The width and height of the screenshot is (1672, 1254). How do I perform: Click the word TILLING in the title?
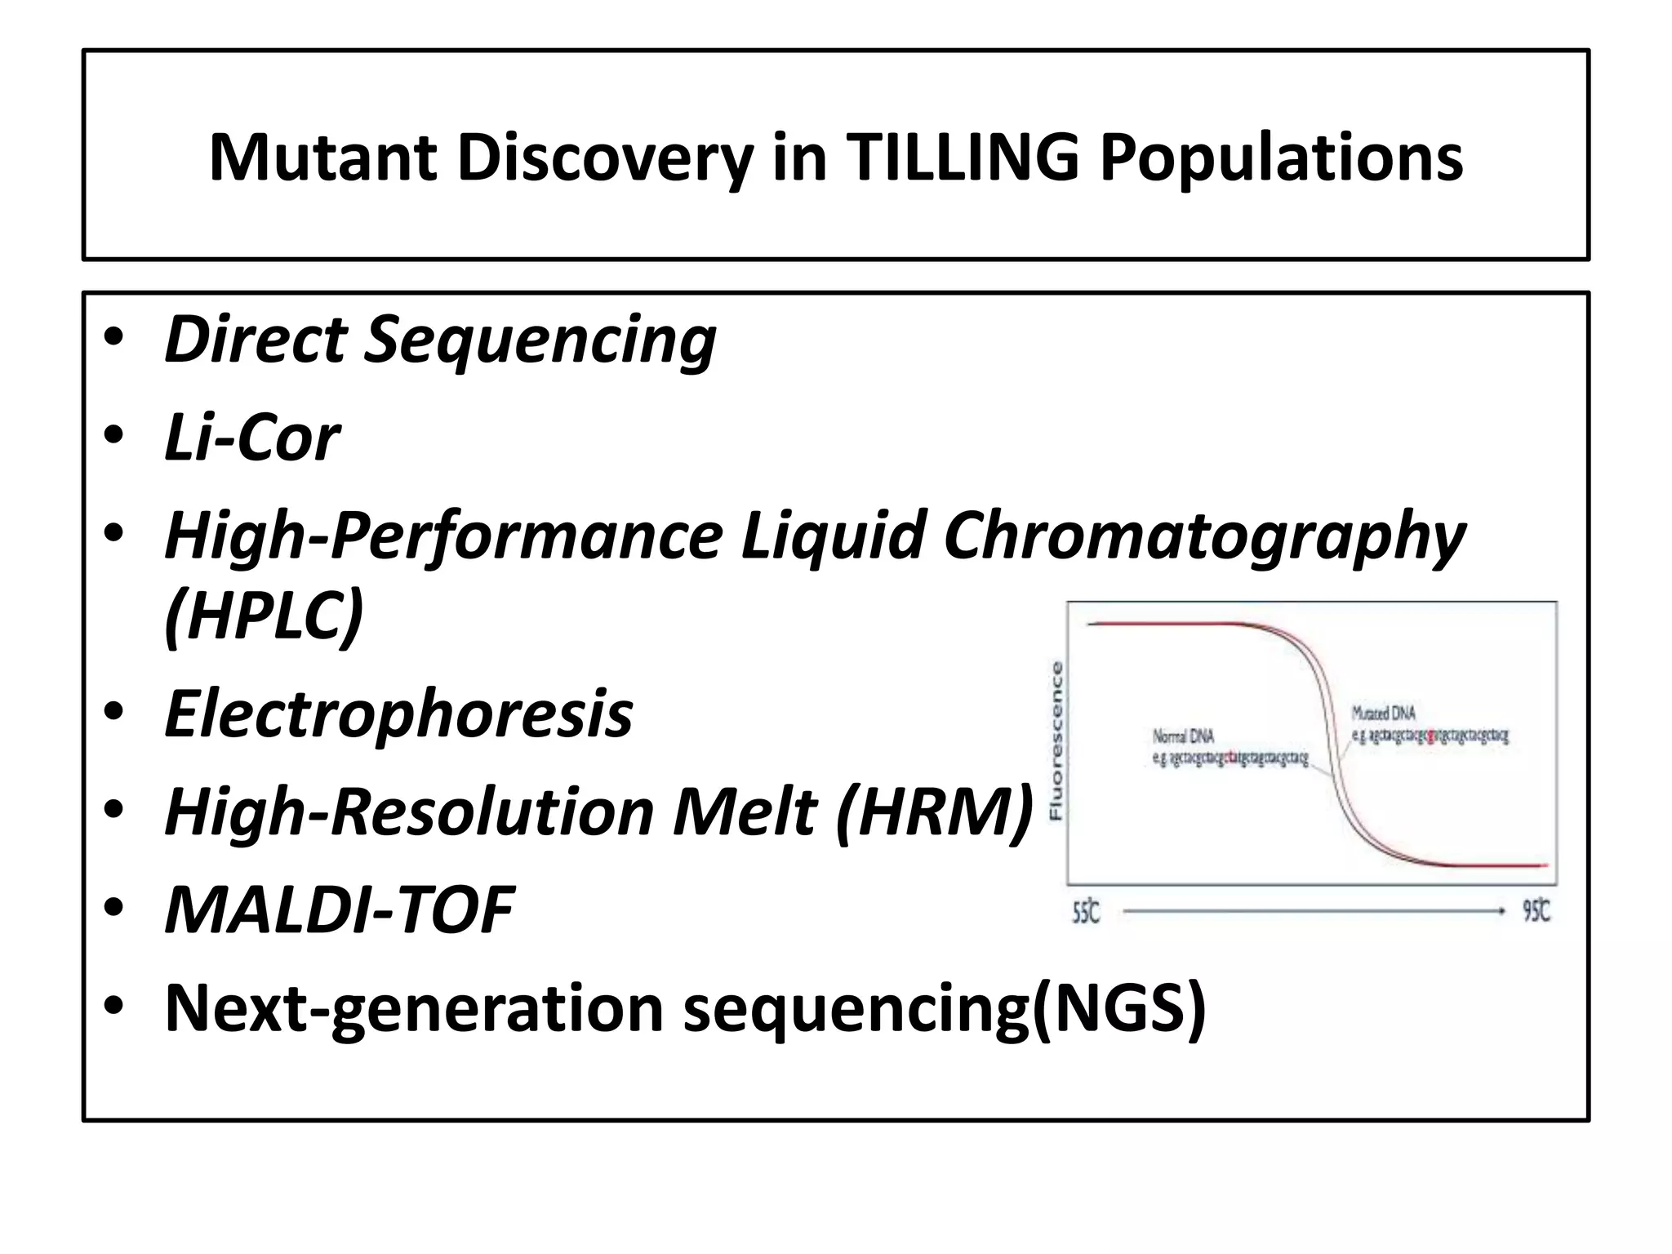tap(963, 157)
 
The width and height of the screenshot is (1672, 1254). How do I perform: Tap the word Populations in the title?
tap(1281, 157)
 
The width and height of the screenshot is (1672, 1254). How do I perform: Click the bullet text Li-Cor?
tap(251, 438)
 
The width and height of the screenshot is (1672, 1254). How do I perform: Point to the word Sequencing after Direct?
tap(540, 340)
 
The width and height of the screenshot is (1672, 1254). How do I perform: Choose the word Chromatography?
tap(1204, 536)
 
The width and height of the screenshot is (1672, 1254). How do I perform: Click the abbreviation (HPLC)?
tap(264, 616)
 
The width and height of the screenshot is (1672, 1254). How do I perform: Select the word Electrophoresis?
tap(398, 714)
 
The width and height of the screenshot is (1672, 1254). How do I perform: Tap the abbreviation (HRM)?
tap(934, 812)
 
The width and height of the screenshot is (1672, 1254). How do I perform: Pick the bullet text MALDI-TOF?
tap(340, 909)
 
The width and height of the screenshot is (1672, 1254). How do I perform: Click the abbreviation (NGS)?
tap(1119, 1007)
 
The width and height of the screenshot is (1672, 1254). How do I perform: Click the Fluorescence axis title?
tap(1056, 740)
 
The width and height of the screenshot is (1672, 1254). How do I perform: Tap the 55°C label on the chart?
tap(1086, 912)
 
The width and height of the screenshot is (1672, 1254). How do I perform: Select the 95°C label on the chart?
tap(1536, 912)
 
